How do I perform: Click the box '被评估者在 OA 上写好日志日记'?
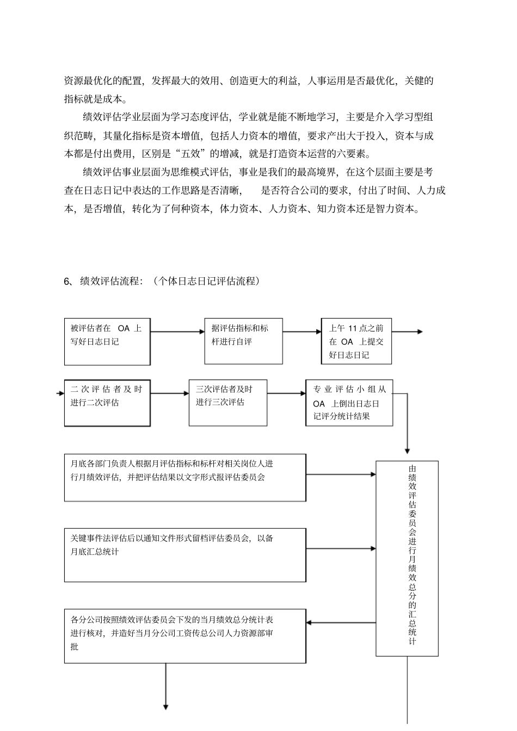point(107,341)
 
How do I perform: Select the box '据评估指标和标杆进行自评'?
point(243,341)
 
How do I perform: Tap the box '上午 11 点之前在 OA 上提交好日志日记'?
point(356,341)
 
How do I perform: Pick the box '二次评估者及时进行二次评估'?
point(107,403)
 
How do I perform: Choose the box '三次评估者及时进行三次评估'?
point(228,402)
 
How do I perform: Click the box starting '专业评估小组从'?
point(349,403)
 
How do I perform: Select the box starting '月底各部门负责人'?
point(185,477)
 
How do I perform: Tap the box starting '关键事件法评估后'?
point(185,555)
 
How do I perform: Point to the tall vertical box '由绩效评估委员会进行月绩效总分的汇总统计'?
point(407,558)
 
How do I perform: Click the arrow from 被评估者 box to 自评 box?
point(177,332)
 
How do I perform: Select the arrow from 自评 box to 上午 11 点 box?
point(301,332)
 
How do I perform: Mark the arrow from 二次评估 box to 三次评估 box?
point(169,393)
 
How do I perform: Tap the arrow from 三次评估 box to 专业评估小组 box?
point(286,393)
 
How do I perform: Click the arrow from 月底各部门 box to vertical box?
point(341,474)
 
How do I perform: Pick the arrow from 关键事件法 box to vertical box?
point(341,549)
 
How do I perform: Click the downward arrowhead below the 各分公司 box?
point(165,706)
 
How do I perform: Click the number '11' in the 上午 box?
point(352,328)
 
